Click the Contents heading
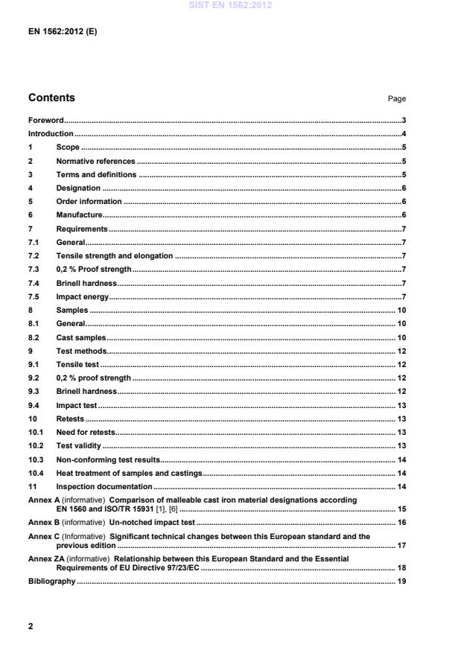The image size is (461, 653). tap(51, 98)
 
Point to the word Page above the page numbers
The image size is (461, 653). tap(397, 99)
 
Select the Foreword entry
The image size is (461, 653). tap(45, 120)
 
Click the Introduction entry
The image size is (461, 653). tap(51, 133)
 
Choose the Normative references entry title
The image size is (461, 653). tap(95, 161)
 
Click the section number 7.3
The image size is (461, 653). tap(34, 269)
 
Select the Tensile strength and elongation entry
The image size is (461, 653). tap(114, 255)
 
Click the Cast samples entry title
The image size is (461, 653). tap(81, 337)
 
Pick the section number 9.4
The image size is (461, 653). tap(34, 405)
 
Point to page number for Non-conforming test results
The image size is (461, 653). tap(401, 459)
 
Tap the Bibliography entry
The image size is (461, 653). tap(51, 581)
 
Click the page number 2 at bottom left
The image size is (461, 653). tap(31, 626)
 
